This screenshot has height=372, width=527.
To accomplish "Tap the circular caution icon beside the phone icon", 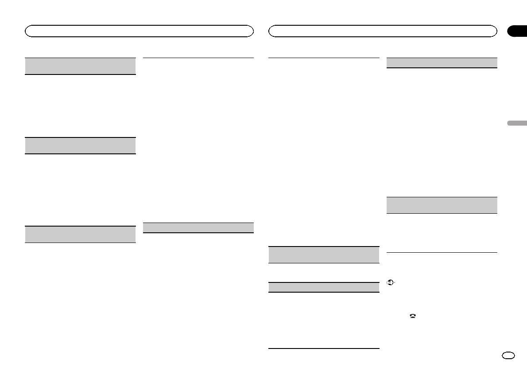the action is (391, 282).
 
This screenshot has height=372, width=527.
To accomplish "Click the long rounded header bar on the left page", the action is (139, 31).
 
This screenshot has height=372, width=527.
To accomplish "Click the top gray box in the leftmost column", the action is (80, 66).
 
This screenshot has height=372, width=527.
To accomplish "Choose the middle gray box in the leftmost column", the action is (80, 145).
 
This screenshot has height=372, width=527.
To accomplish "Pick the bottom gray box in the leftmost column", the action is (80, 234).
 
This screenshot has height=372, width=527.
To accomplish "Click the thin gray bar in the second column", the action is (199, 227).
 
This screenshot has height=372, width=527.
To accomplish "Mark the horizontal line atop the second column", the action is (199, 58).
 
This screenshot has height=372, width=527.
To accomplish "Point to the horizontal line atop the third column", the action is (324, 58).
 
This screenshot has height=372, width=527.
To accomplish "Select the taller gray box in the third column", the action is (324, 255).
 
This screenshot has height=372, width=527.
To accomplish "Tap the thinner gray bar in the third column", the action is (324, 287).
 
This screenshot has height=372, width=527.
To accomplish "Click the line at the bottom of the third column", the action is (324, 349).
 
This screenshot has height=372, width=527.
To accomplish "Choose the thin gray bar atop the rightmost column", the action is (442, 63).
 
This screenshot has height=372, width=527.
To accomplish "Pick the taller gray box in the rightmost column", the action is (442, 205).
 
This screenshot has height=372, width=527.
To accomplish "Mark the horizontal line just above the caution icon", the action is (442, 253).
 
